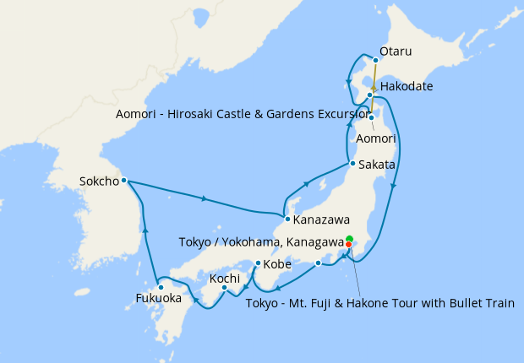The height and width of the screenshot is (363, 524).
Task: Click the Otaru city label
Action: (396, 51)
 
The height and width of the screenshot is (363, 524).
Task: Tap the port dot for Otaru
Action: (375, 61)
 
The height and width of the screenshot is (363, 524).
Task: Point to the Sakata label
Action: (376, 165)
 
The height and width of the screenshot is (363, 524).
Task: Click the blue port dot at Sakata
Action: (352, 163)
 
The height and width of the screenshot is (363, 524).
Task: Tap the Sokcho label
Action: (97, 181)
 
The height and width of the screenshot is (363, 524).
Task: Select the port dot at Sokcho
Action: (123, 180)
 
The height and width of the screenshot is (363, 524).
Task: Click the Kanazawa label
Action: (322, 220)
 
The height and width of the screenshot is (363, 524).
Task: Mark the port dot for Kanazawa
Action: (287, 219)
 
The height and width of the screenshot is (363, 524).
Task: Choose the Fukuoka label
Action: (159, 298)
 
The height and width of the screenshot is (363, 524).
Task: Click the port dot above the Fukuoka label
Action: (161, 287)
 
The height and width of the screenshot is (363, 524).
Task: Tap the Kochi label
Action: (225, 278)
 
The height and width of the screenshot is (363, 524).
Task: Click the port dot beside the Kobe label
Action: (258, 263)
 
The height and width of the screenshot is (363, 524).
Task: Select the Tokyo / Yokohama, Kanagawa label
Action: (261, 242)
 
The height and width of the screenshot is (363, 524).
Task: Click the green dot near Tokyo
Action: (350, 238)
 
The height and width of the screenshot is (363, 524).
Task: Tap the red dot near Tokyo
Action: (349, 245)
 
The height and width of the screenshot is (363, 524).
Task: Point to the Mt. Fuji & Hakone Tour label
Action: (379, 303)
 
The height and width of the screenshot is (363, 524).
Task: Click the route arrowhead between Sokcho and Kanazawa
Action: (205, 199)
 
